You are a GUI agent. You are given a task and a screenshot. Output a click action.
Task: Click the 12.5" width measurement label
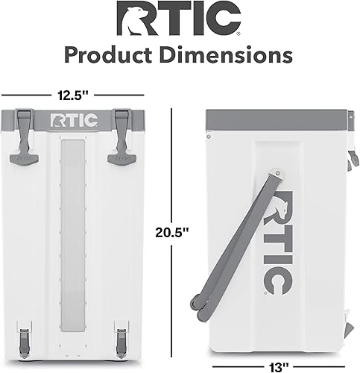72,95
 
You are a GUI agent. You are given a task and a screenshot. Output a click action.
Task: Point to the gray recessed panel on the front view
72,239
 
